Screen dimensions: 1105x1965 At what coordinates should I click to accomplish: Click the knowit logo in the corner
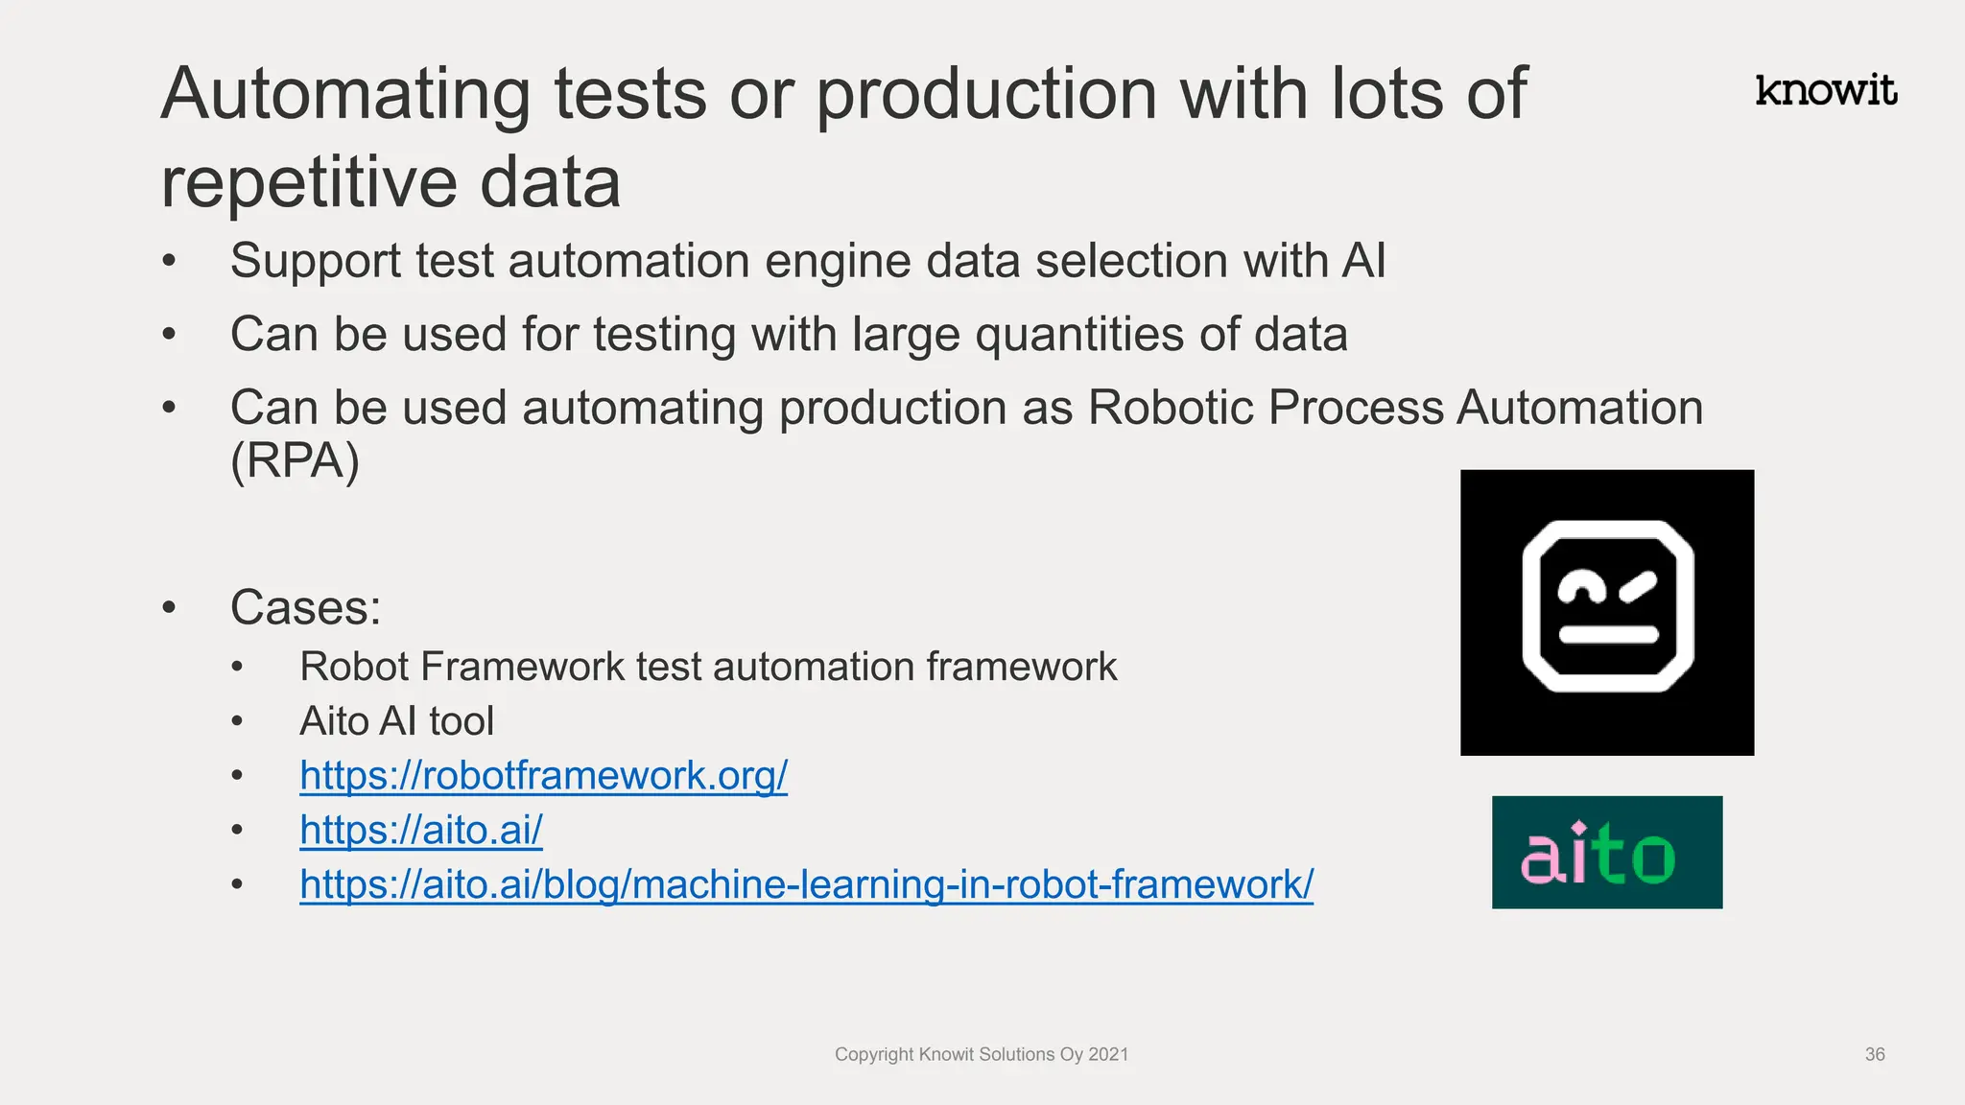click(x=1826, y=90)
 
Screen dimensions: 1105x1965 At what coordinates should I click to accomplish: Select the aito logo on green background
click(x=1607, y=852)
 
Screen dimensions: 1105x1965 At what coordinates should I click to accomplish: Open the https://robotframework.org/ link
click(x=543, y=775)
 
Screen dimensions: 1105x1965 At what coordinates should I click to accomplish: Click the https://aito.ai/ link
click(x=421, y=830)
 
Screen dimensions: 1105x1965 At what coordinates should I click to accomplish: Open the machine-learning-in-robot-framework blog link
click(x=806, y=884)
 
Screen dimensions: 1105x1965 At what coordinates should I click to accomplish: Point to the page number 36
click(x=1875, y=1054)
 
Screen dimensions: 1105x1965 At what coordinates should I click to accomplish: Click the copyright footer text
click(x=981, y=1054)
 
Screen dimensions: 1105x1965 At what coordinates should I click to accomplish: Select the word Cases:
click(x=305, y=607)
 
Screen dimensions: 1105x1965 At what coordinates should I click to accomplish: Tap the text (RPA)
click(x=295, y=460)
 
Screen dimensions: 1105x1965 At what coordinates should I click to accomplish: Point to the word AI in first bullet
click(x=1363, y=261)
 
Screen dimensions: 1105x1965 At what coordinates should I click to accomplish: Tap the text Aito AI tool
click(x=396, y=721)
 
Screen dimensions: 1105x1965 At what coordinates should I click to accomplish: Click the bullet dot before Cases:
click(x=170, y=607)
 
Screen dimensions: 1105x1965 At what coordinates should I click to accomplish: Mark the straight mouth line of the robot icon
click(x=1608, y=634)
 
